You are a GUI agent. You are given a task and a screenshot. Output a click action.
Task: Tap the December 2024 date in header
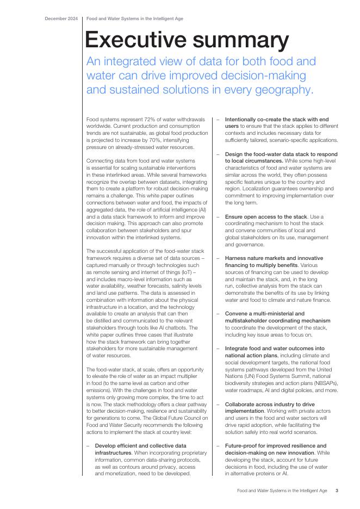(61, 18)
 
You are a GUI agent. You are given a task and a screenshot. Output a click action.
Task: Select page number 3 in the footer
(337, 491)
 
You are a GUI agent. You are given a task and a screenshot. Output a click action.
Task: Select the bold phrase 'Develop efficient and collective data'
(141, 446)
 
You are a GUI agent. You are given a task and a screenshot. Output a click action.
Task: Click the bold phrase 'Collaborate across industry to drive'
(270, 405)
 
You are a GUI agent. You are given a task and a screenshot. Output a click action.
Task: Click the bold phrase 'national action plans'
(251, 355)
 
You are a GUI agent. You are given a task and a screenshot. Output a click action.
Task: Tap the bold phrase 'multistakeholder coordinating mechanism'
(277, 321)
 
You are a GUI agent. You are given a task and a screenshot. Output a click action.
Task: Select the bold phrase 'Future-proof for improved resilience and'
(276, 446)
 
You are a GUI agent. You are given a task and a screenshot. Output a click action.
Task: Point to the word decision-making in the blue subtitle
(257, 75)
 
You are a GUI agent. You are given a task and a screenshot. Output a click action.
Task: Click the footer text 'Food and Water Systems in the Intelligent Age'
(282, 491)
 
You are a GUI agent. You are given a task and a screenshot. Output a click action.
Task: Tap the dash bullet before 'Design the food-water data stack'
(218, 154)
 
